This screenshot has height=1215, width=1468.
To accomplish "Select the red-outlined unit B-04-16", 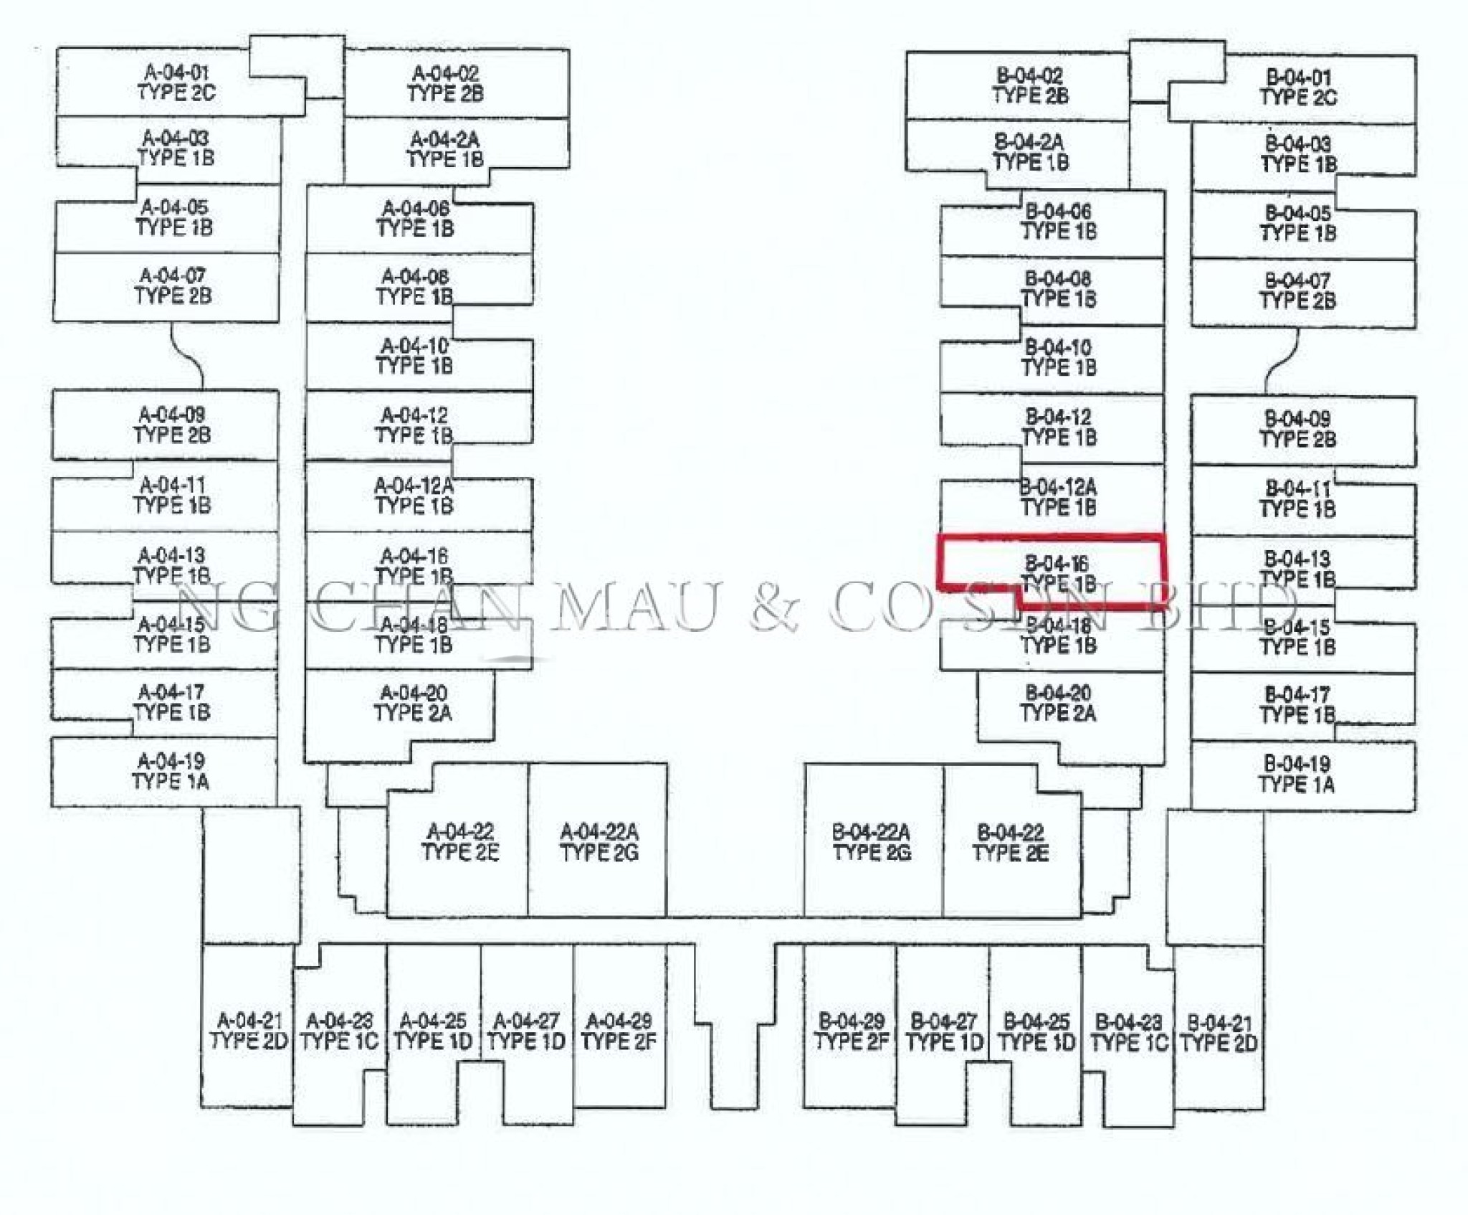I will [1058, 572].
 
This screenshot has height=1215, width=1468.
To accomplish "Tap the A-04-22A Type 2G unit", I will [599, 842].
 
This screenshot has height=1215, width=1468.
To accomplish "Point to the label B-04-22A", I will [871, 833].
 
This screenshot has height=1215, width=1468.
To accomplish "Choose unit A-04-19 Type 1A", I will [171, 771].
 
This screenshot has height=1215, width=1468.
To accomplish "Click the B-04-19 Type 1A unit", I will [1297, 774].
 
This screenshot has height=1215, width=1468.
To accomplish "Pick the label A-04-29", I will [619, 1021].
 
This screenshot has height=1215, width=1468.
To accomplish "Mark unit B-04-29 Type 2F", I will [851, 1031].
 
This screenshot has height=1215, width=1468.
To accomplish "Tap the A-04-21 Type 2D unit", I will [249, 1031].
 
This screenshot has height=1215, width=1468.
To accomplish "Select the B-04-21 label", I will [1219, 1022].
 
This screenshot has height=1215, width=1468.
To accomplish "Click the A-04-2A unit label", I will [445, 139].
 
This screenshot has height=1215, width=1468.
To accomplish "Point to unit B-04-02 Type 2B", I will [1030, 85].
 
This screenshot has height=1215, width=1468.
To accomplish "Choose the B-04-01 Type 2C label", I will [1298, 87].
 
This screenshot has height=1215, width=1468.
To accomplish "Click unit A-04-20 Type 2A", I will [413, 703].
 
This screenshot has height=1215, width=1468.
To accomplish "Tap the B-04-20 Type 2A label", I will [1058, 703].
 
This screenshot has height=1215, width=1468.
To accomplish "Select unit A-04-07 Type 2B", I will [173, 285].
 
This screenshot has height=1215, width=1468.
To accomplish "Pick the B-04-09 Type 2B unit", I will [1297, 429].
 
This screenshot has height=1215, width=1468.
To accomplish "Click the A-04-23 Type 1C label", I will [339, 1031].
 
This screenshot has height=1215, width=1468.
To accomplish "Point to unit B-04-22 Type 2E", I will [1011, 842].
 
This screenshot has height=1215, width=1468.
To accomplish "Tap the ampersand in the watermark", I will [774, 607].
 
